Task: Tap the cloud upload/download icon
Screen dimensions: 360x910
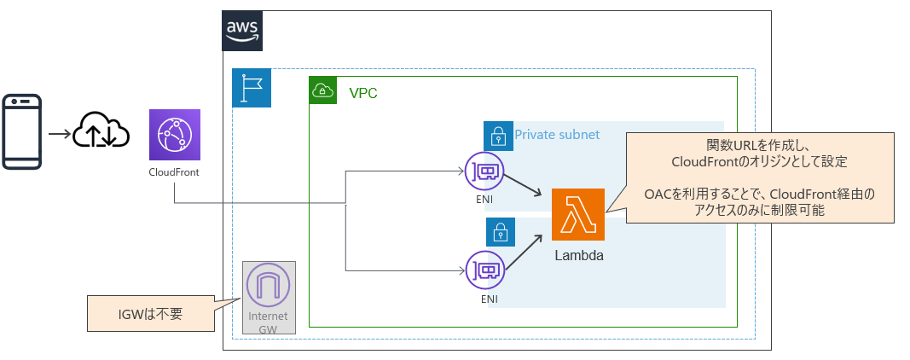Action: (101, 132)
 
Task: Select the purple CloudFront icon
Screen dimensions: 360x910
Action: (174, 135)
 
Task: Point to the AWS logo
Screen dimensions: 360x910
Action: (242, 31)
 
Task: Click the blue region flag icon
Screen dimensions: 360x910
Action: (252, 88)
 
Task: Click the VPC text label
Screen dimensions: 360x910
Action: (363, 93)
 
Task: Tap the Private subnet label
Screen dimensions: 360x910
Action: (557, 135)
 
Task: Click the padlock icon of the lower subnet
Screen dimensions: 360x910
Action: (501, 230)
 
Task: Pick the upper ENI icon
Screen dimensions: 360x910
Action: (484, 173)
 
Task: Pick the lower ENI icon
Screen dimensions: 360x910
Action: (484, 270)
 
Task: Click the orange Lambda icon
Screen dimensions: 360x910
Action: (578, 214)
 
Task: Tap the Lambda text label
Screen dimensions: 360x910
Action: (579, 255)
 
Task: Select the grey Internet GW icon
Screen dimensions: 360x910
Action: (269, 287)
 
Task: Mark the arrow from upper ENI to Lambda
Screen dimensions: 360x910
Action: (524, 186)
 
